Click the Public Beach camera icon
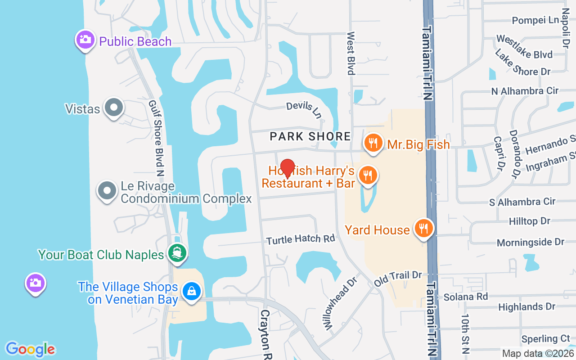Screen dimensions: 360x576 85,40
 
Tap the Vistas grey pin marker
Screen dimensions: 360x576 114,108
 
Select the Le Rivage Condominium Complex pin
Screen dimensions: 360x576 107,191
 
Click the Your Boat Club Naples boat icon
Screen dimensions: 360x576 177,253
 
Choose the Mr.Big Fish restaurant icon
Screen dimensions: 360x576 373,144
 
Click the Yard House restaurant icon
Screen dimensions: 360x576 423,229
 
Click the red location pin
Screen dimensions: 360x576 287,168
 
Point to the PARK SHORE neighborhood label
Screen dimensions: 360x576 310,136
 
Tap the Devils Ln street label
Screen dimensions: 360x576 304,109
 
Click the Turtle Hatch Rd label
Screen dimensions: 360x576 301,239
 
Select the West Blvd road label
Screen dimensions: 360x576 351,53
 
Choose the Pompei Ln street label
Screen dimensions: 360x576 535,20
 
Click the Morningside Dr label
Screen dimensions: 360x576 530,242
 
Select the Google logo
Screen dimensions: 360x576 31,349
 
